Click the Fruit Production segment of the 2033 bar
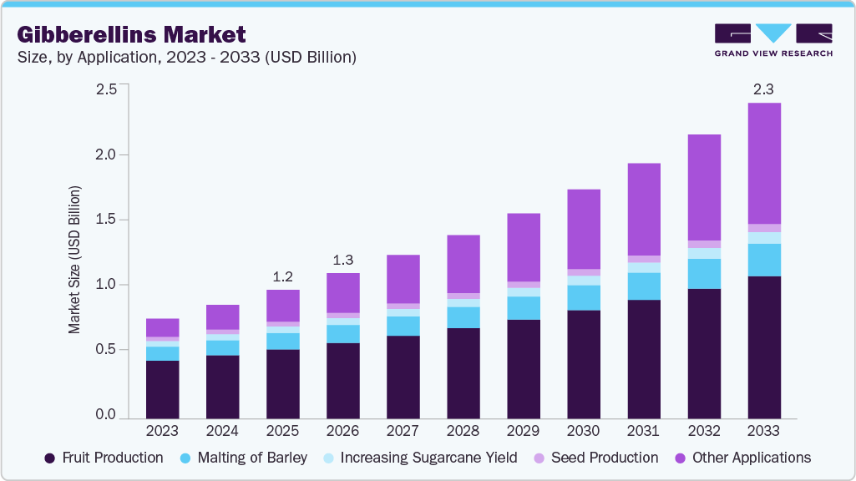764,347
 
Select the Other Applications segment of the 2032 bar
704,187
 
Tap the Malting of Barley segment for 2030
584,297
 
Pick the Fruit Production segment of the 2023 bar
162,389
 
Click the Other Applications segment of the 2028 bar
463,264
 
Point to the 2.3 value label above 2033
764,89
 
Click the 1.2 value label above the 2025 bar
282,276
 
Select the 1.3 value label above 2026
342,259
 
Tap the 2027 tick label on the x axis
403,431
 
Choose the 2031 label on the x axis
644,431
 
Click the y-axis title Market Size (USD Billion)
75,261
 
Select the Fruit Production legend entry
104,458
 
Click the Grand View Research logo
772,39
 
